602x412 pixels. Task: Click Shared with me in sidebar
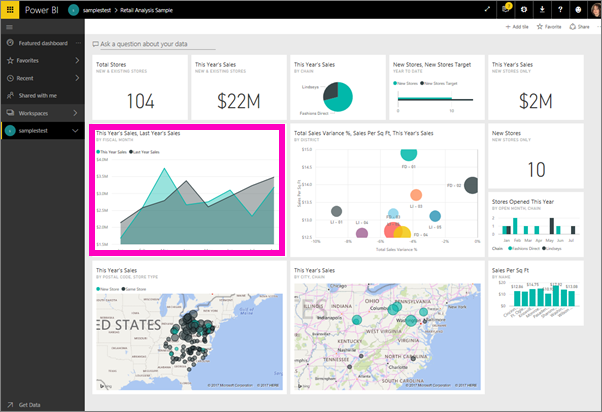[36, 96]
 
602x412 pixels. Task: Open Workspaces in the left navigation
[34, 113]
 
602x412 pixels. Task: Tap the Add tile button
[520, 27]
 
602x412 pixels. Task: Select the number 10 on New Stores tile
[536, 169]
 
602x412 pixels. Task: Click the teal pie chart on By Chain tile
[338, 96]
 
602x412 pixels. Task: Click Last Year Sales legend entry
[146, 152]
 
